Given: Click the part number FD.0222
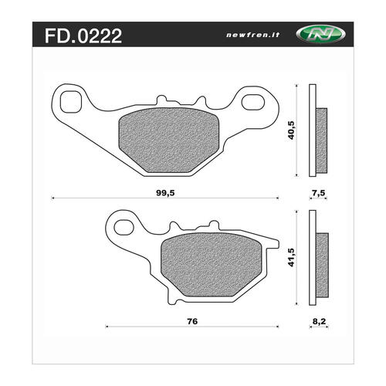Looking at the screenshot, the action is (x=83, y=36).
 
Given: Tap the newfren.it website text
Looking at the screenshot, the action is (x=252, y=35).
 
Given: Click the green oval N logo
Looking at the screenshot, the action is (x=320, y=34).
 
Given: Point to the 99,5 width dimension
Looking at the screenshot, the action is (x=165, y=193).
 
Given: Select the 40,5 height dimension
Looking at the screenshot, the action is (x=291, y=130).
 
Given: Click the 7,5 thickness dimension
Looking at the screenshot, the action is (x=318, y=193).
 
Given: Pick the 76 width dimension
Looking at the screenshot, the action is (x=192, y=321).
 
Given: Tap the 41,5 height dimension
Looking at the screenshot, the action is (x=291, y=257).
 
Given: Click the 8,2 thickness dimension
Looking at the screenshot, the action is (x=319, y=321).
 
